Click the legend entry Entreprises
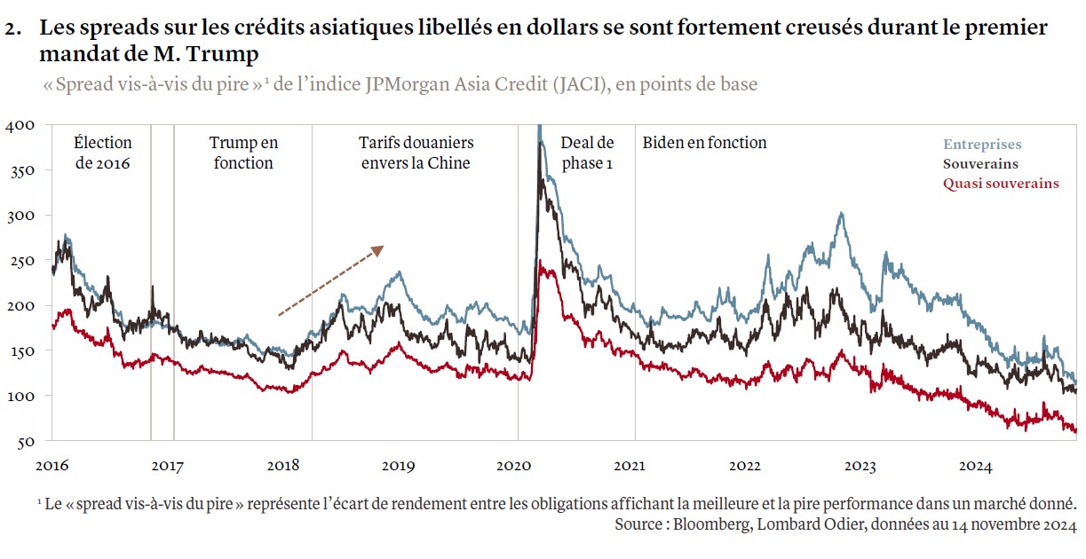(x=982, y=145)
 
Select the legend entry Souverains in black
(x=980, y=164)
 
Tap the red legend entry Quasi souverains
(x=1001, y=184)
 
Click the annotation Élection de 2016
(x=103, y=153)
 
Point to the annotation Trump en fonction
(x=243, y=153)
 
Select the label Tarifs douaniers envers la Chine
(x=416, y=153)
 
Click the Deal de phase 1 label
(x=587, y=153)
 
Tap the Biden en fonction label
(x=704, y=143)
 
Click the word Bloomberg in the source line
(x=709, y=524)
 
